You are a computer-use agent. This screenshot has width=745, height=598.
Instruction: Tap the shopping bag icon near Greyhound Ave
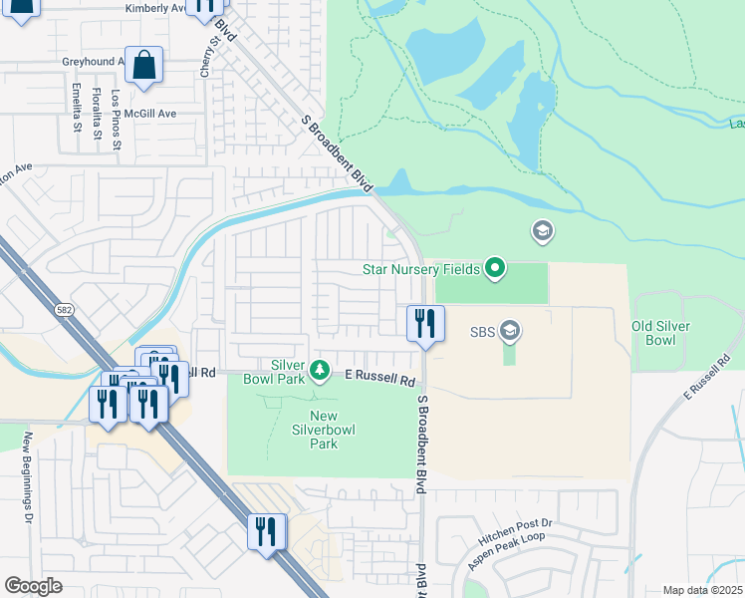(144, 65)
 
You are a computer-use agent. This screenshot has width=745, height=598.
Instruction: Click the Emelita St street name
(77, 108)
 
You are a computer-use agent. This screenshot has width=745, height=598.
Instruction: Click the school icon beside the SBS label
(510, 330)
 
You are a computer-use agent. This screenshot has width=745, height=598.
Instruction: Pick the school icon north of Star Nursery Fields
(543, 232)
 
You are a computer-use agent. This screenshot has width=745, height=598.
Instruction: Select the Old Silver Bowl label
(661, 333)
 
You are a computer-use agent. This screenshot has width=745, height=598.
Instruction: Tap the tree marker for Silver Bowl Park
(320, 371)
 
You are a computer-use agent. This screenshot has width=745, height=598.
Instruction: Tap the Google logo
(33, 585)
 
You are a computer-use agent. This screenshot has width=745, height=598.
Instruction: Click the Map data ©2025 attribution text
(702, 590)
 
